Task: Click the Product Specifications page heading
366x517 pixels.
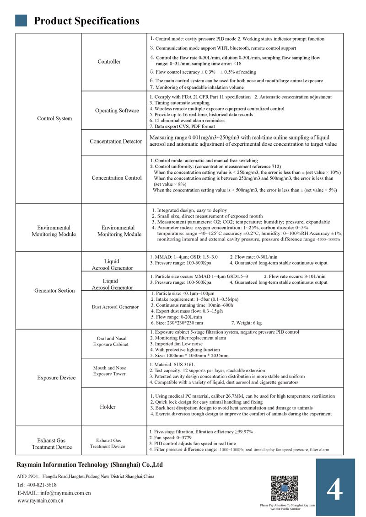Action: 86,21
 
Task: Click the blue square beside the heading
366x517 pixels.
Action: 21,20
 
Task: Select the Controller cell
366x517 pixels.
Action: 109,62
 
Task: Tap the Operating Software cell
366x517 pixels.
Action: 117,111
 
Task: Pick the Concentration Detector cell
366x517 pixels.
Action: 116,141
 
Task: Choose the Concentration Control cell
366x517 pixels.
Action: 117,178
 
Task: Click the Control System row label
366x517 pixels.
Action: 54,119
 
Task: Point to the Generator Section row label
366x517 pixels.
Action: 54,291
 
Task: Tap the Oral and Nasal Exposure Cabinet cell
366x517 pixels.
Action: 111,341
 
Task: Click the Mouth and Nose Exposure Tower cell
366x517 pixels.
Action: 110,371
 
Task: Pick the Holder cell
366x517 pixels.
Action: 108,407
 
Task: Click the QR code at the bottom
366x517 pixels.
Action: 285,488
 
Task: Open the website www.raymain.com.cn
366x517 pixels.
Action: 40,501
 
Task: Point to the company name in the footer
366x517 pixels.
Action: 90,465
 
